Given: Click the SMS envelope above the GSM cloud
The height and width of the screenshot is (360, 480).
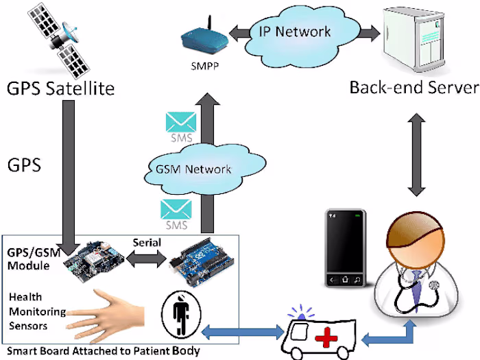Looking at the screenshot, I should pos(180,123).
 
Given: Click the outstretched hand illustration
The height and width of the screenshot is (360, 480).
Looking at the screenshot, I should pos(110,312).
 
